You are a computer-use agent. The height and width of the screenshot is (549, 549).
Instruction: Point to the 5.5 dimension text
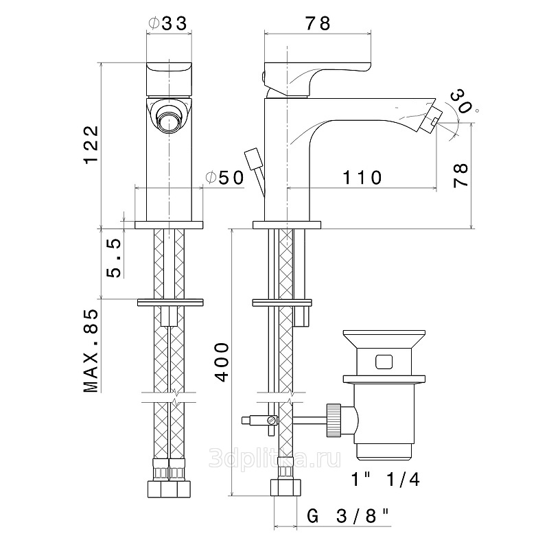(x=114, y=257)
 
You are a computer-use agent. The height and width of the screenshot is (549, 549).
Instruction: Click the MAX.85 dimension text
(x=91, y=351)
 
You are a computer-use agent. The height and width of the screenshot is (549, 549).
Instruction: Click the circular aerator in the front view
(x=169, y=118)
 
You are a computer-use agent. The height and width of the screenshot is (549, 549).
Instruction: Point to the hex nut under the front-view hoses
(x=168, y=489)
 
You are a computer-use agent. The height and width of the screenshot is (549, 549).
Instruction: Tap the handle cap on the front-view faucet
(x=169, y=78)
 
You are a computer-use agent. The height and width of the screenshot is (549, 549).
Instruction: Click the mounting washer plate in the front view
(x=169, y=302)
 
